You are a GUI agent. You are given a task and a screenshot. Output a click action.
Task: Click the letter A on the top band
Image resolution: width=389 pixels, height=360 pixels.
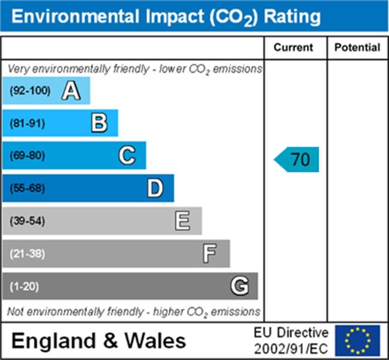71,90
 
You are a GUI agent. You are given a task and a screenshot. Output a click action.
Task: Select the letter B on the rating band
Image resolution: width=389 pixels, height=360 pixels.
99,123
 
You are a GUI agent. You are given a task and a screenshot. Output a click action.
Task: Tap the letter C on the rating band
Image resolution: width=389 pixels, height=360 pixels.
127,156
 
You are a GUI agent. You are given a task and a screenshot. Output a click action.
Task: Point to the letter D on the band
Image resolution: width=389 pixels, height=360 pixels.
155,188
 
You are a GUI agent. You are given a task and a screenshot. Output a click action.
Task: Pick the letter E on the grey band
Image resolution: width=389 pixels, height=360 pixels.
183,221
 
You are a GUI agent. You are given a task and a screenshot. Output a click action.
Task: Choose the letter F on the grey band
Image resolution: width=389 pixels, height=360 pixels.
210,254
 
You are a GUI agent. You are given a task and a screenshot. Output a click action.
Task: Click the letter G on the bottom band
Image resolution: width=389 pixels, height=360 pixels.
239,286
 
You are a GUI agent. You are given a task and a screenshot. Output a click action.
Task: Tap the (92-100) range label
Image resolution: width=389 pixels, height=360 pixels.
30,90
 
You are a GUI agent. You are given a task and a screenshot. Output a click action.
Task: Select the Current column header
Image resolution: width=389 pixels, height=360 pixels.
294,48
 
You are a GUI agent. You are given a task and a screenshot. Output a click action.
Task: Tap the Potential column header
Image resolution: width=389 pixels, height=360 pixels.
357,48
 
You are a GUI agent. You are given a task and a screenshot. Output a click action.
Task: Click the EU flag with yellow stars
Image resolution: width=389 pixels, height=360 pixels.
357,340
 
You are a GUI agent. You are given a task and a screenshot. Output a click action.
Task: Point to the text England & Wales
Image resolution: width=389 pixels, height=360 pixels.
98,341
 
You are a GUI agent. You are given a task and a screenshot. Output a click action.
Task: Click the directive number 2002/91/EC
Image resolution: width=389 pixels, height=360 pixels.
291,348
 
